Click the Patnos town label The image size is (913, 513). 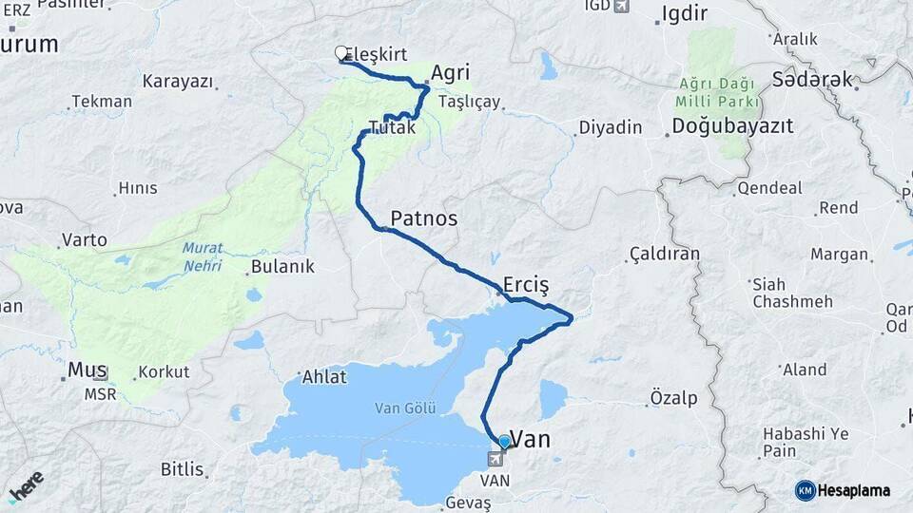point(423,218)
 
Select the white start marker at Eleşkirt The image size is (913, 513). point(341,54)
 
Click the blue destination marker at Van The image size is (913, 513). point(503,442)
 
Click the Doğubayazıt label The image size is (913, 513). point(732,126)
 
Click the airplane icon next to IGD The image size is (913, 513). point(621,7)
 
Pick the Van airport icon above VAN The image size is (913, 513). point(495,460)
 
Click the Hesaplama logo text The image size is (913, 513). point(854,490)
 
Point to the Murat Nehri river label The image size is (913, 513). point(203,255)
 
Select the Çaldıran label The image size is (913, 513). point(664,254)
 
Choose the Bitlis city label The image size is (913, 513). point(182,469)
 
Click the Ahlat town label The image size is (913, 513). point(324,377)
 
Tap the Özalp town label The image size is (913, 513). point(673,397)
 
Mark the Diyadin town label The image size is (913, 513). point(611,127)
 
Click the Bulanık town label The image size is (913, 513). point(282,267)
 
